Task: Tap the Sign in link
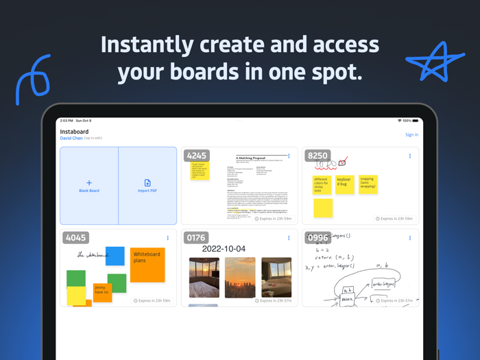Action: click(x=411, y=134)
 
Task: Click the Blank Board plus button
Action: click(x=89, y=183)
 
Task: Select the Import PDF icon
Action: click(x=147, y=183)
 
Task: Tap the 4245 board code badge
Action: click(x=197, y=156)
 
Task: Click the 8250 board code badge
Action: click(x=318, y=156)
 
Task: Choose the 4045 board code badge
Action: click(x=75, y=238)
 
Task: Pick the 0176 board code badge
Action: click(x=197, y=238)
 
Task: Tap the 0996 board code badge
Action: click(x=318, y=238)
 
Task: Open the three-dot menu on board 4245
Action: click(x=289, y=156)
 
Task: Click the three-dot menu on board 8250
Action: click(x=410, y=156)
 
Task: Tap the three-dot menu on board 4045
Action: click(x=168, y=239)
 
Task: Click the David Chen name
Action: click(x=71, y=139)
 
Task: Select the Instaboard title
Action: click(x=74, y=131)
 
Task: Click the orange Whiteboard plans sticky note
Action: click(x=147, y=264)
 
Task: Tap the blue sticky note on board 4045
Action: click(x=115, y=256)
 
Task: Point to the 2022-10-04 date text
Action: click(x=224, y=248)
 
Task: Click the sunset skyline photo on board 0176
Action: click(x=240, y=277)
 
